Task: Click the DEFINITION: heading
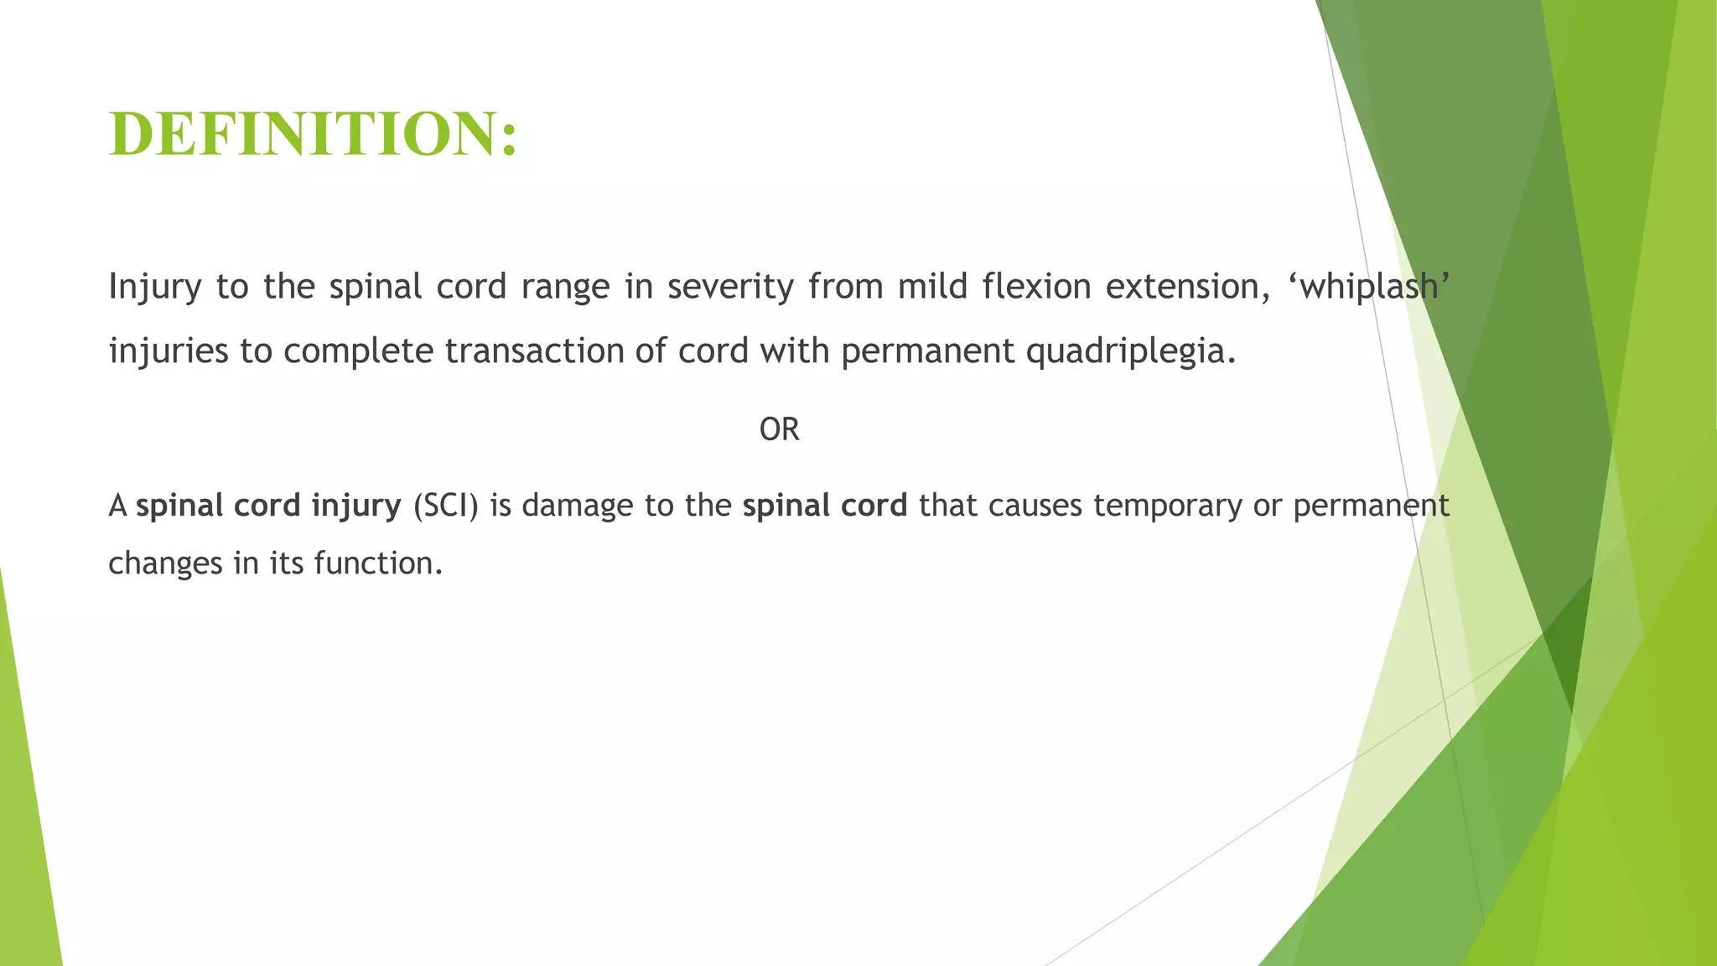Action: point(314,134)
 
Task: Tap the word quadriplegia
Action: point(1131,351)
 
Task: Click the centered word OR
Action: point(779,429)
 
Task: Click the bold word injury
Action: point(356,506)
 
